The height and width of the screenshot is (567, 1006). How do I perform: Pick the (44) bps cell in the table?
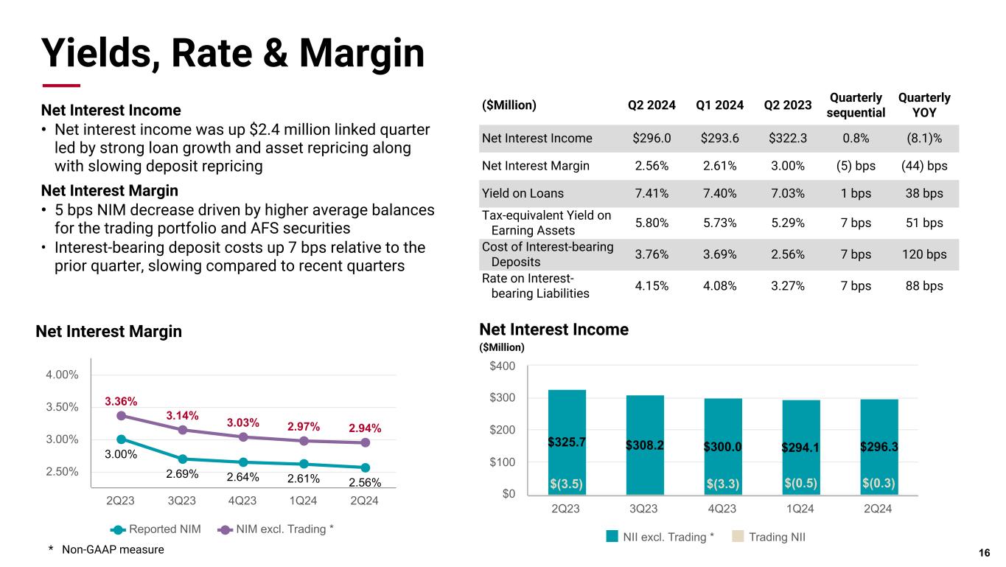click(924, 166)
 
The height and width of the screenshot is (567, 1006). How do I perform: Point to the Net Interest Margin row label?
click(535, 166)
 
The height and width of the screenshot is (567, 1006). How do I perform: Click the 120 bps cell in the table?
click(924, 254)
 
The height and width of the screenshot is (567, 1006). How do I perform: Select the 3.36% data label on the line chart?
click(121, 401)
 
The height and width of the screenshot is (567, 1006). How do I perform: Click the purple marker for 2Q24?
click(365, 442)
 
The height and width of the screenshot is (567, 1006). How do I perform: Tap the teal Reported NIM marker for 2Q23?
click(121, 439)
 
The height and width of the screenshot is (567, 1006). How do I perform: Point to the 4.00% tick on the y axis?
click(62, 375)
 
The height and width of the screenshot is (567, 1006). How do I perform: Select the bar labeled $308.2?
click(645, 445)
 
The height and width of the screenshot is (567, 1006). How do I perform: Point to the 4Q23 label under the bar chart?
click(722, 509)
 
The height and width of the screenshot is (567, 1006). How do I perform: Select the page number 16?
click(984, 553)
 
